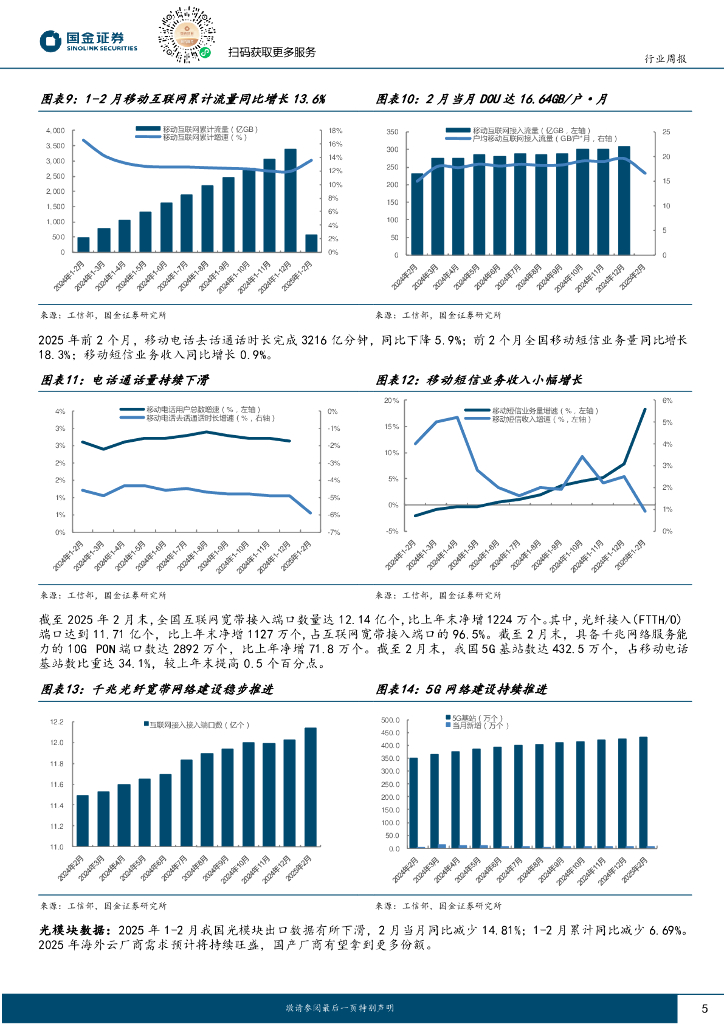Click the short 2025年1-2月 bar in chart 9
pyautogui.click(x=311, y=243)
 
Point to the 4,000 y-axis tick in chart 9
pyautogui.click(x=56, y=131)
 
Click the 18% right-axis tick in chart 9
pyautogui.click(x=336, y=131)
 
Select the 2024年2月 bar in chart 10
pyautogui.click(x=417, y=213)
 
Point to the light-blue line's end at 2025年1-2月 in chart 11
pyautogui.click(x=311, y=514)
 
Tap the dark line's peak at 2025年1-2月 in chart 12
pyautogui.click(x=645, y=409)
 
